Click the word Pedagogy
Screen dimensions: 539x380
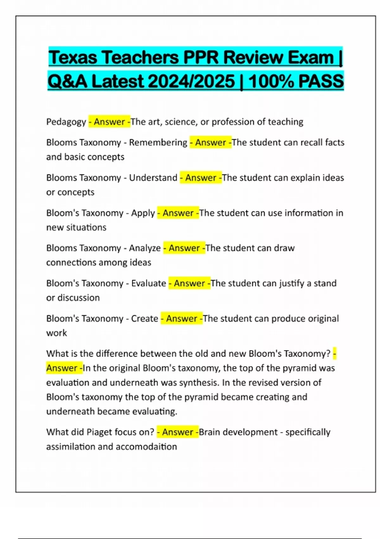pos(66,122)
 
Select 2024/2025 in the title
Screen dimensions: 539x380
pos(191,81)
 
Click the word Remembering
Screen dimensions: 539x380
pos(158,142)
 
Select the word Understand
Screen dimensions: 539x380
pos(153,178)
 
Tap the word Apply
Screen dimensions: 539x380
pos(143,213)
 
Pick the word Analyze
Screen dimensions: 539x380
pos(145,248)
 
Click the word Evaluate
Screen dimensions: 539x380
pos(149,283)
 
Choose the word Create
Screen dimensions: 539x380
pos(144,318)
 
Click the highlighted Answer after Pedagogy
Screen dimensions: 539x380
pos(109,122)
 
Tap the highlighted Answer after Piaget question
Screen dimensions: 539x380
pos(178,432)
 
